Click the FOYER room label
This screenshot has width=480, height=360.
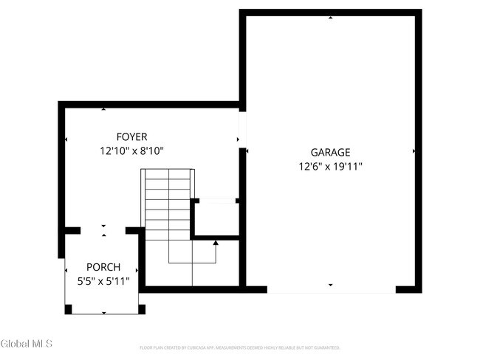(x=131, y=136)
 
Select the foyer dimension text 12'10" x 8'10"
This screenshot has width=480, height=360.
(x=131, y=150)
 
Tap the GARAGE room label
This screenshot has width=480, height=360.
(x=329, y=152)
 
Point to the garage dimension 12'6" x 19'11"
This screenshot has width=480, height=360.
(x=329, y=166)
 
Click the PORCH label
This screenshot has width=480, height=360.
(x=103, y=267)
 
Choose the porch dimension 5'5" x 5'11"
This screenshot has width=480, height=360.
(x=103, y=281)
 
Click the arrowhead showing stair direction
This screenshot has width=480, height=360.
(x=216, y=242)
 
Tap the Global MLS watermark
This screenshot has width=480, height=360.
(x=32, y=344)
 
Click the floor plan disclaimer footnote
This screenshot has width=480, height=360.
(x=240, y=347)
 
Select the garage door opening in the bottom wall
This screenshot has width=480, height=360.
(x=331, y=290)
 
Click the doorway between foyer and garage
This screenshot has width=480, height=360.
(x=242, y=129)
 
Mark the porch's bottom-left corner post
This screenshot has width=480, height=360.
(x=69, y=309)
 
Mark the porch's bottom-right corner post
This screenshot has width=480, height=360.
(x=141, y=309)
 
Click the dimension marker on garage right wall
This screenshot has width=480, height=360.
(x=413, y=152)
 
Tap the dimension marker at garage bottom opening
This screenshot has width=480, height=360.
(x=330, y=284)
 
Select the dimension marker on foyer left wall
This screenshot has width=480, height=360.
(x=66, y=139)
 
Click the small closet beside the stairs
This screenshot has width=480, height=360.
(x=216, y=218)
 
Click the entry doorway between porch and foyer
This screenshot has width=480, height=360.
(x=103, y=230)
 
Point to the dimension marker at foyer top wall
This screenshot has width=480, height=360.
(x=103, y=110)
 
